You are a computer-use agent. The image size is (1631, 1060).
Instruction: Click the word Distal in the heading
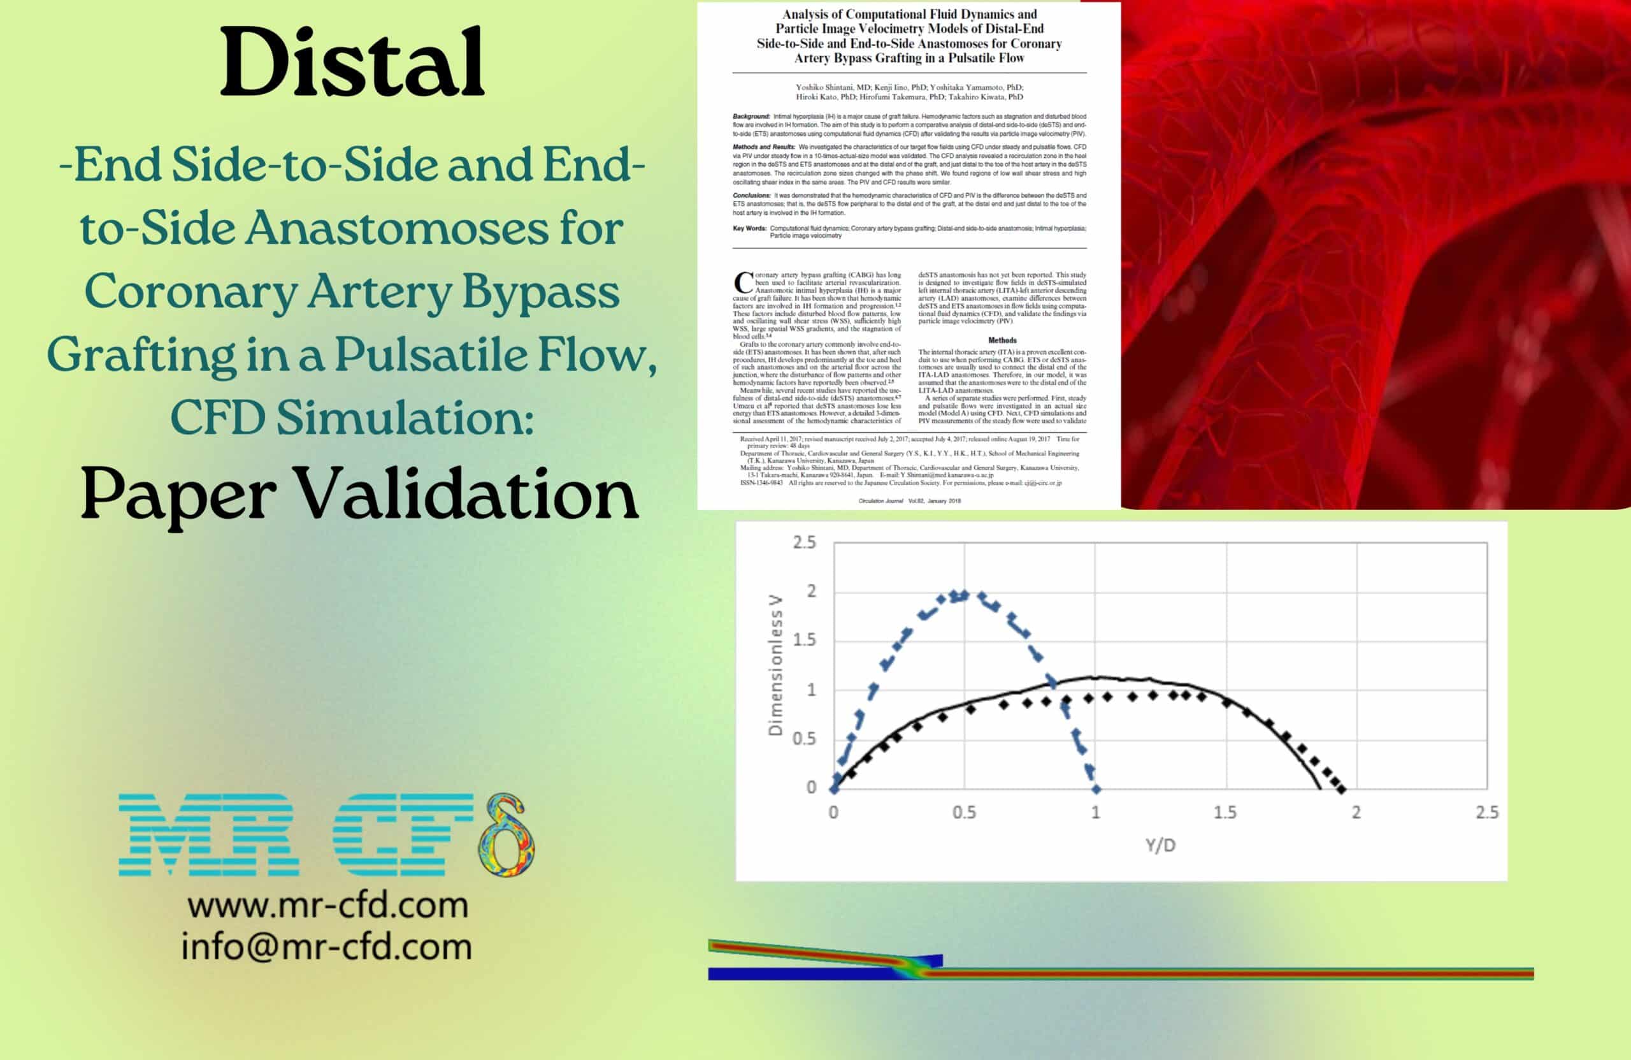[x=352, y=63]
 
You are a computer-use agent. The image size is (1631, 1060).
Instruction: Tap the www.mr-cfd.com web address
[x=327, y=906]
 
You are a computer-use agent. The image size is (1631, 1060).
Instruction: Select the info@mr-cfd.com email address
[x=326, y=947]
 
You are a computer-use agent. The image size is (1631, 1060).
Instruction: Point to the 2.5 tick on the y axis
[x=805, y=542]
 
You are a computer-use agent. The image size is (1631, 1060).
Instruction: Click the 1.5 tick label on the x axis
[x=1225, y=813]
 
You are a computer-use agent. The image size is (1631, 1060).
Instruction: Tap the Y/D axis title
[x=1160, y=845]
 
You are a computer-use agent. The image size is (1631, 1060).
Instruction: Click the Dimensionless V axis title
[x=775, y=665]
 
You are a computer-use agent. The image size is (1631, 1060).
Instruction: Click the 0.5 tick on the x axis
[x=963, y=813]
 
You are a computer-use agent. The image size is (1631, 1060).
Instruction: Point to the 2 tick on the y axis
[x=810, y=591]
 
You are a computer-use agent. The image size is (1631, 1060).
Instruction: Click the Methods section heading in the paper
[x=1002, y=340]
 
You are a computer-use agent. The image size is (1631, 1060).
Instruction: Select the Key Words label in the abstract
[x=749, y=228]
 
